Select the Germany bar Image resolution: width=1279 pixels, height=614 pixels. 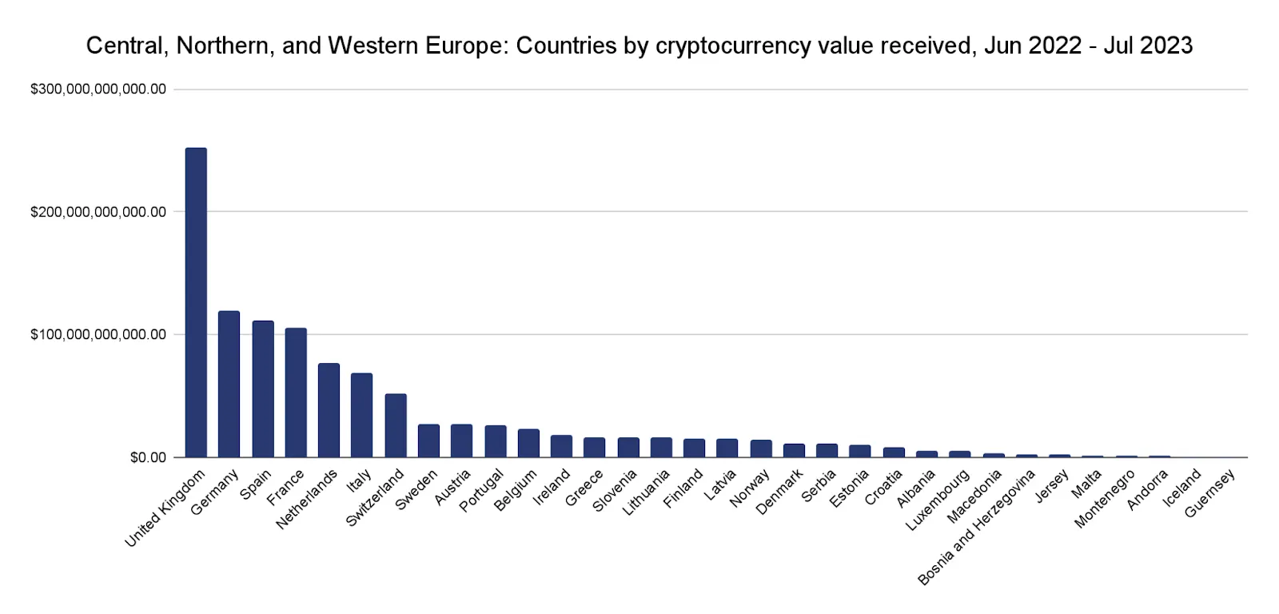coord(229,384)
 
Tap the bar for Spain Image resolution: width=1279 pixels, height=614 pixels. coord(263,389)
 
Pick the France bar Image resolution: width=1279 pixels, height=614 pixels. coord(296,392)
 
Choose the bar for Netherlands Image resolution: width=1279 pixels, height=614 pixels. coord(329,410)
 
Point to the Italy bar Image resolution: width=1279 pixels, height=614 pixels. coord(361,415)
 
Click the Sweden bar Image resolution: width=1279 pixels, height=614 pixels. coord(428,441)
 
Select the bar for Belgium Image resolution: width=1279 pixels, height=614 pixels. coord(528,443)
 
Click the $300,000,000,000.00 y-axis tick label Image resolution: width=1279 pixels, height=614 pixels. coord(98,90)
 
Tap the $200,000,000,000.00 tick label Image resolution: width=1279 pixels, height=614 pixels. coord(98,212)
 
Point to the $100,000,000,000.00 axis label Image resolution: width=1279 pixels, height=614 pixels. coord(98,334)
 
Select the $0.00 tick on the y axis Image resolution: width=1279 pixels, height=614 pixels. coord(148,457)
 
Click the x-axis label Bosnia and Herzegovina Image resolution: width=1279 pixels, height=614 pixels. coord(977,528)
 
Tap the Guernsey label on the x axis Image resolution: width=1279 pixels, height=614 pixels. coord(1210,493)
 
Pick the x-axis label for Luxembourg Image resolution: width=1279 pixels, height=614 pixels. coord(938,500)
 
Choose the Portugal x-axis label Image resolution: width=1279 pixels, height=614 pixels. coord(482,491)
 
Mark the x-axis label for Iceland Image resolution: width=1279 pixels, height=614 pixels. coord(1182,488)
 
